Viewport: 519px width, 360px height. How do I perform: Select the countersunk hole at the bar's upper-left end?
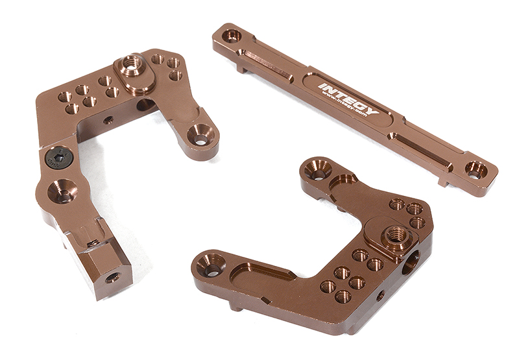[232, 36]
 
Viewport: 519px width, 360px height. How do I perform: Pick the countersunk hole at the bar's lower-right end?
[476, 170]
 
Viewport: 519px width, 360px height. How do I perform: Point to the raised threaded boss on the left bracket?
[132, 66]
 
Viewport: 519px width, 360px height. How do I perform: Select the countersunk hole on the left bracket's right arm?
[199, 137]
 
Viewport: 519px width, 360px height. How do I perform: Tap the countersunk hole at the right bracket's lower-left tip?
[210, 265]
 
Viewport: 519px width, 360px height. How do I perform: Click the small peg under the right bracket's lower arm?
[239, 306]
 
